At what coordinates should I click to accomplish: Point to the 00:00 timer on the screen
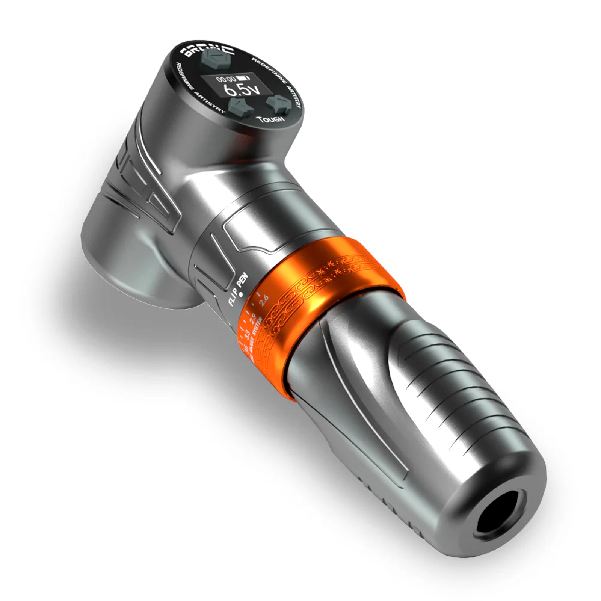point(226,79)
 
